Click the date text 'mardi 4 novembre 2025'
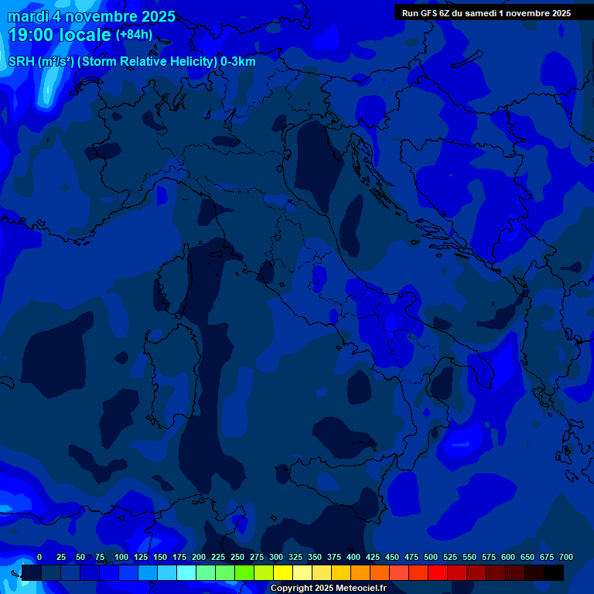click(x=91, y=16)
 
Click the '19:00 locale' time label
click(x=59, y=36)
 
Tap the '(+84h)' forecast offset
click(x=134, y=35)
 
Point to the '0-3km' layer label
click(x=237, y=62)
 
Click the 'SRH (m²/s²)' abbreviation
click(x=41, y=62)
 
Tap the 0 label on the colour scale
click(x=39, y=557)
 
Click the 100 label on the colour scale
click(x=121, y=557)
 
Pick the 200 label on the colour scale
click(x=199, y=557)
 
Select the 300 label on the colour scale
click(x=276, y=557)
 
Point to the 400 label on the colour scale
click(x=353, y=557)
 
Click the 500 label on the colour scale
click(x=431, y=557)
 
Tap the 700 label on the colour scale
click(x=566, y=557)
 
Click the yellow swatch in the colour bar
click(x=283, y=573)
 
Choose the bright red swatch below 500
click(x=438, y=573)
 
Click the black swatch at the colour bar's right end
click(x=554, y=573)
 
